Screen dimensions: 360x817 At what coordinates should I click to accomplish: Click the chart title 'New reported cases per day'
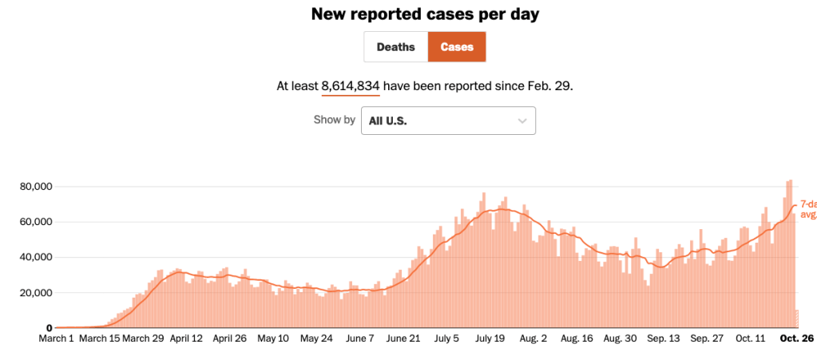407,14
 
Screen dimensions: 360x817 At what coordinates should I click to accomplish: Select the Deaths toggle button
395,47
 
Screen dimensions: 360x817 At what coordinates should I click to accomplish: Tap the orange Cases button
457,47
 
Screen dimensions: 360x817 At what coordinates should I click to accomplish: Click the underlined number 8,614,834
351,85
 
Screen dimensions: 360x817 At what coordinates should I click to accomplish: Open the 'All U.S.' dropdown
447,121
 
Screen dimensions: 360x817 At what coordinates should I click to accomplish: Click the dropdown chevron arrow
522,121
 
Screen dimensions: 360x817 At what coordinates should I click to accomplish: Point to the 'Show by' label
334,121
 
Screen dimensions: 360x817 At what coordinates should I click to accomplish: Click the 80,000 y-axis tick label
34,187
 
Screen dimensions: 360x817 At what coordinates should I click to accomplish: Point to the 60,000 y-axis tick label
34,222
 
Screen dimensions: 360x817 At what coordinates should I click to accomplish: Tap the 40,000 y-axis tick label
34,257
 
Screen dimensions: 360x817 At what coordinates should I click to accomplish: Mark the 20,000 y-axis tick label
34,293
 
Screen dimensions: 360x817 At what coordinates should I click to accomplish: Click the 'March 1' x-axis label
57,338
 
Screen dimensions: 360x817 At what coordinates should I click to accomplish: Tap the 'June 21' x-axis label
403,338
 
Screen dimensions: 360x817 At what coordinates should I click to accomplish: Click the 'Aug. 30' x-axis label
620,338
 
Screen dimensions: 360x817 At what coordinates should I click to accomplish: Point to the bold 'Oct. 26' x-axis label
796,338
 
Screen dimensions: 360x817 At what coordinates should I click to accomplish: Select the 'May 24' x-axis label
315,338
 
